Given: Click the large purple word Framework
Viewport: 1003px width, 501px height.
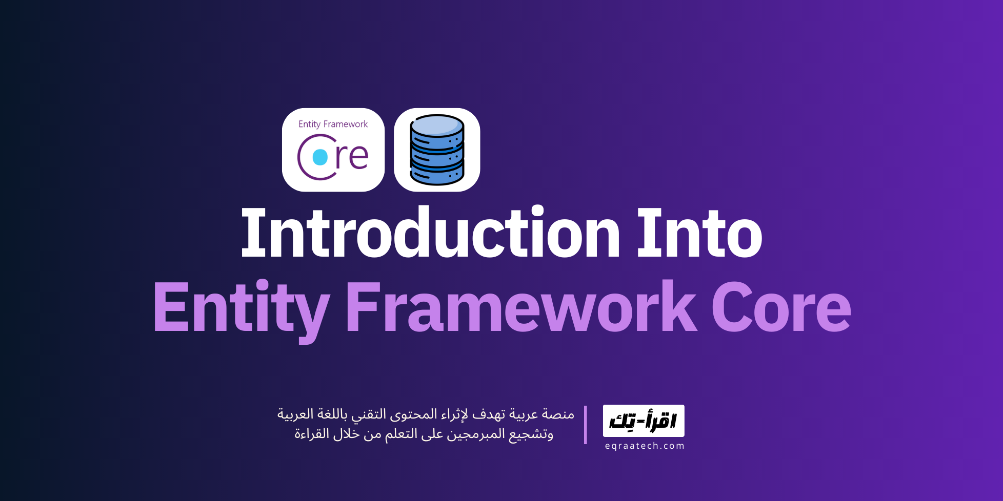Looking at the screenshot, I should [x=521, y=307].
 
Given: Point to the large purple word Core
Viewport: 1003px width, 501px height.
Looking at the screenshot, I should [x=781, y=307].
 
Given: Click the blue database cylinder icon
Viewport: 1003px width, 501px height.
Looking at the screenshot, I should [x=437, y=150].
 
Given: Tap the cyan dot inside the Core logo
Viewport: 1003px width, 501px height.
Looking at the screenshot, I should [x=320, y=157].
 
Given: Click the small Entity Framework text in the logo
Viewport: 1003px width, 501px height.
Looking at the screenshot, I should [x=333, y=124].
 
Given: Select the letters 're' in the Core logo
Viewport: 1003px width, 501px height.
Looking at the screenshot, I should [x=352, y=156].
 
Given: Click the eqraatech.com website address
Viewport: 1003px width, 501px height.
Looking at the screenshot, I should [x=645, y=446].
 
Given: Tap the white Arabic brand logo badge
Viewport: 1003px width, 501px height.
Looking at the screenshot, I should [x=644, y=421].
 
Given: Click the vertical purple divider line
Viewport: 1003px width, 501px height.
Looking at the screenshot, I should [x=585, y=425].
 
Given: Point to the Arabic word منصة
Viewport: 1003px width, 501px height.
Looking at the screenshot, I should [x=558, y=414].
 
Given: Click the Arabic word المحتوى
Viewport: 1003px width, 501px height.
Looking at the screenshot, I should [x=415, y=414].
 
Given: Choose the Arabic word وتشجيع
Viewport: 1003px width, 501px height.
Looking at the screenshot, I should [x=531, y=434].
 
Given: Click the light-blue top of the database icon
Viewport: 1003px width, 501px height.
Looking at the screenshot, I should [x=437, y=124].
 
